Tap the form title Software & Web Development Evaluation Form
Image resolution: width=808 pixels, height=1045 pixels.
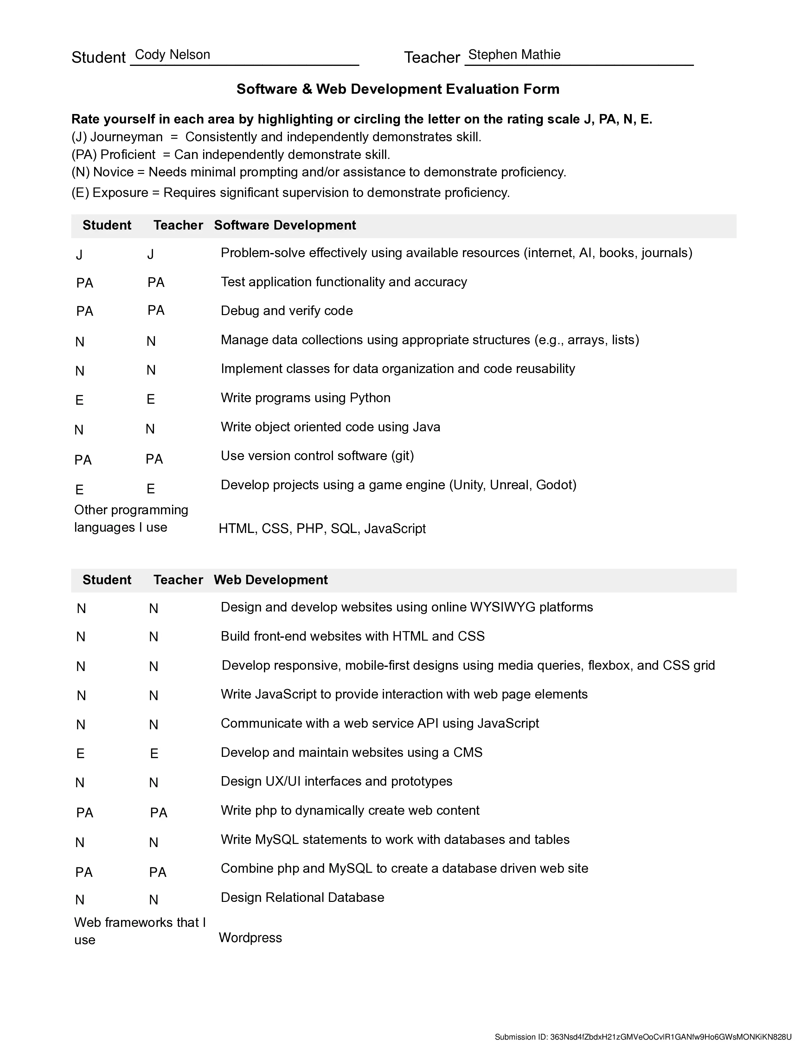[398, 89]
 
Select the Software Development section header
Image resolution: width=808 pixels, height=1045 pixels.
[285, 225]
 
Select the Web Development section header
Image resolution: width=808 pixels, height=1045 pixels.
[271, 580]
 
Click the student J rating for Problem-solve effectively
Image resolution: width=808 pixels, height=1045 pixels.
[79, 255]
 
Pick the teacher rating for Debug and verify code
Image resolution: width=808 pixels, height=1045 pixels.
[156, 311]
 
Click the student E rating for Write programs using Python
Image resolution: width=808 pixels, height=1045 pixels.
[80, 400]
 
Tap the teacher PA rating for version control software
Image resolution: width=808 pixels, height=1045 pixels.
[154, 459]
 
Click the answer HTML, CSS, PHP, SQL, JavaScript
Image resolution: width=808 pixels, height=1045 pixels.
[322, 529]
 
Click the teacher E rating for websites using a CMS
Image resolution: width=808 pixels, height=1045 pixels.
[154, 754]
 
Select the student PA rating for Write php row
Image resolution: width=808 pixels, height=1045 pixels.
[85, 813]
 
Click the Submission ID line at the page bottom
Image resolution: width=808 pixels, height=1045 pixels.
[643, 1037]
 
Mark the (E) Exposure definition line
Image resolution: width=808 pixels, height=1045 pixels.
[291, 193]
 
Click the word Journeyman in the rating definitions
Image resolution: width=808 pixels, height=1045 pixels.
[126, 137]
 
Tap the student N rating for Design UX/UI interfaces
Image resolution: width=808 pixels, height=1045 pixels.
[80, 783]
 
